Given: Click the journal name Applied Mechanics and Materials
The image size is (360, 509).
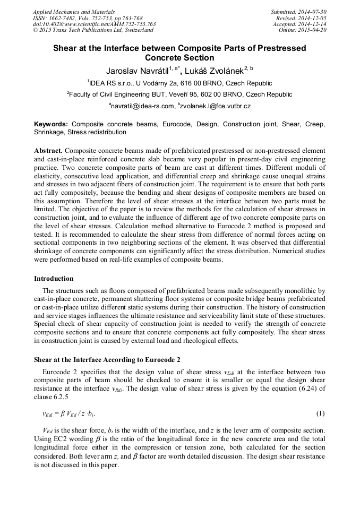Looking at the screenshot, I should (x=74, y=12).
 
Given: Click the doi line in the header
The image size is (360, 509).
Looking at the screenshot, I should (x=95, y=24).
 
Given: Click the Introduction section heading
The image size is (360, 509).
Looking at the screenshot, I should (x=54, y=279).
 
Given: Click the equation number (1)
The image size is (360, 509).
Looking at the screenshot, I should (x=320, y=413).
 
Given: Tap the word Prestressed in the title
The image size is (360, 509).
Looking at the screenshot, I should (x=276, y=48).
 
